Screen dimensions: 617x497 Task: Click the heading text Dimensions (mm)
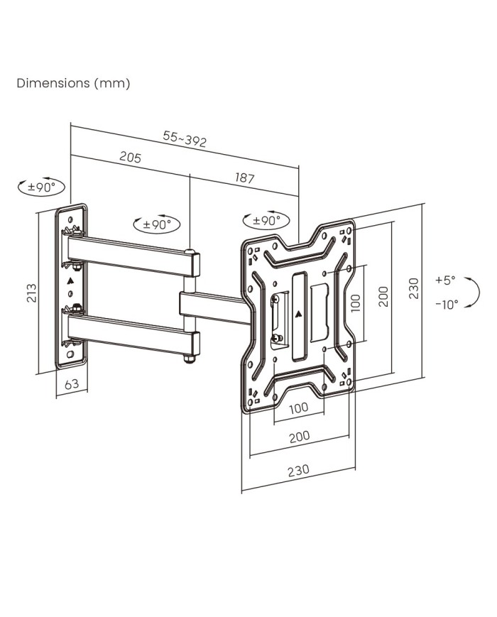point(73,84)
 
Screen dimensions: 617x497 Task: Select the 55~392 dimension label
point(185,140)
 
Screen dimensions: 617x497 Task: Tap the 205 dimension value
point(130,158)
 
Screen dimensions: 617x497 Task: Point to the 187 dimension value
point(244,178)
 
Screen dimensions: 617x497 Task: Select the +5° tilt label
point(445,280)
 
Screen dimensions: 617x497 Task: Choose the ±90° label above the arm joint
point(157,224)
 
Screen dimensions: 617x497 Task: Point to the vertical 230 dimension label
point(415,288)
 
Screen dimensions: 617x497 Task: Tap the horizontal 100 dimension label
point(298,408)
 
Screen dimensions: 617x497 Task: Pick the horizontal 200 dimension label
point(299,436)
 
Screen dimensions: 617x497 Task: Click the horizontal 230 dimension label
point(299,470)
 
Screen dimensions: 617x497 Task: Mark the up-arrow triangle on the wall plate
point(70,281)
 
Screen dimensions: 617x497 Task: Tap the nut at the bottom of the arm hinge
point(190,359)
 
